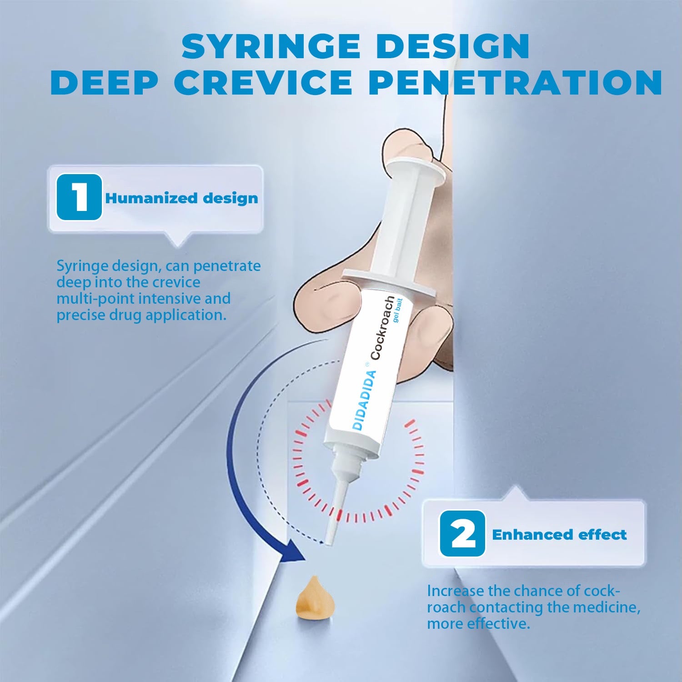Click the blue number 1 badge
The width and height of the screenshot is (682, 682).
pyautogui.click(x=79, y=197)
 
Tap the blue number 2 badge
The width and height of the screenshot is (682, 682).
pyautogui.click(x=462, y=534)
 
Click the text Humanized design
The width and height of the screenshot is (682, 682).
pyautogui.click(x=181, y=198)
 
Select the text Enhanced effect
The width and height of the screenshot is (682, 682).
pyautogui.click(x=559, y=534)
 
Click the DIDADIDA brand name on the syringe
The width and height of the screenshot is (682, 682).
pyautogui.click(x=365, y=401)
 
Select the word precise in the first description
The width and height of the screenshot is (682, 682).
pyautogui.click(x=79, y=315)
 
